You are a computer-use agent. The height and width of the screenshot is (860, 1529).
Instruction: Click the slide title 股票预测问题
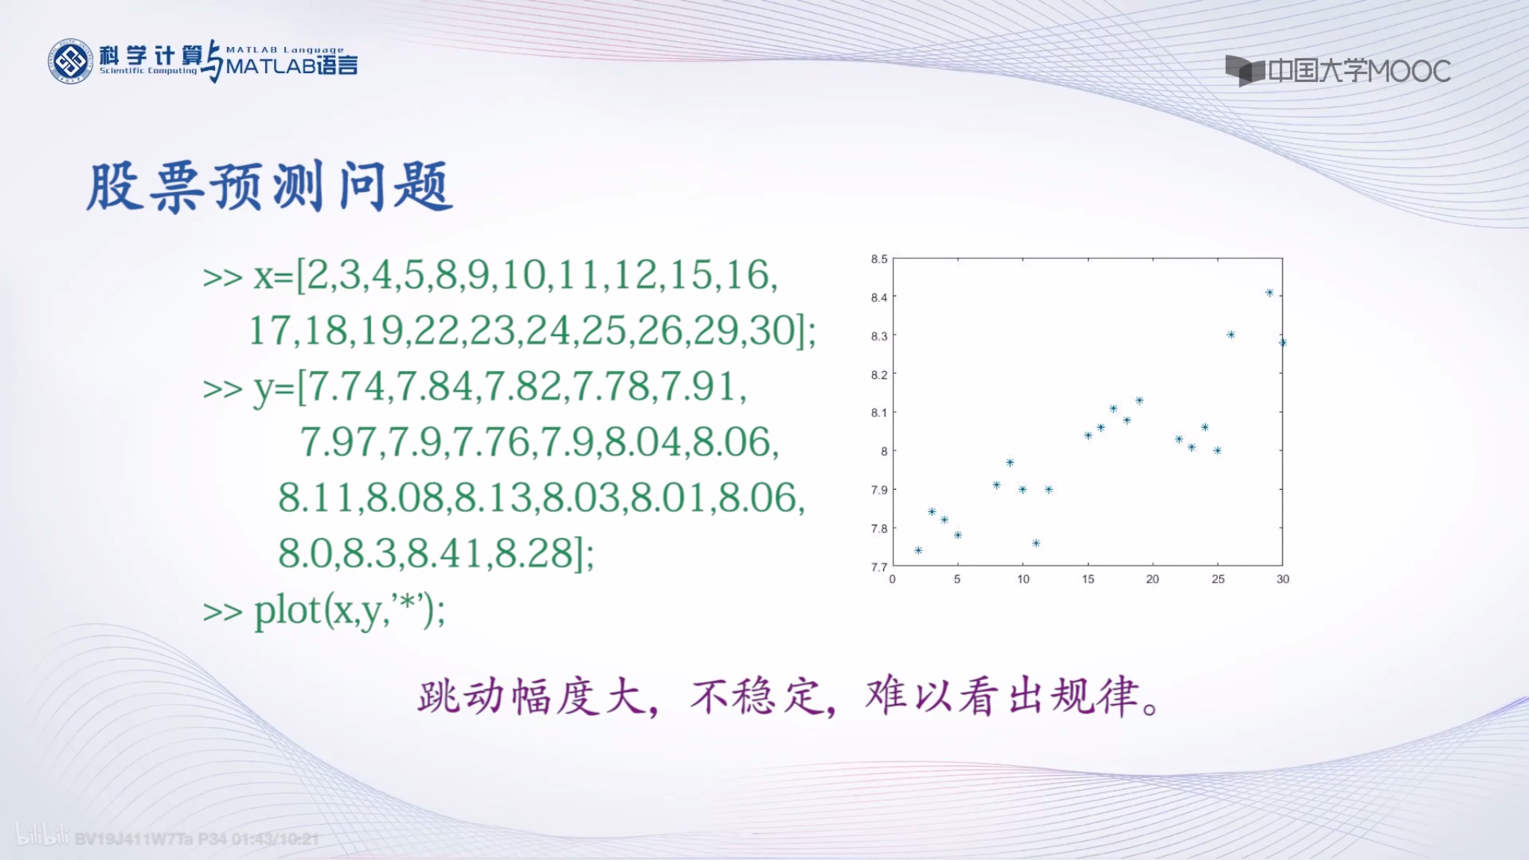click(x=269, y=187)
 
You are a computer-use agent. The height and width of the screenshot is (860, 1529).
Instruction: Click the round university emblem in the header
click(x=71, y=61)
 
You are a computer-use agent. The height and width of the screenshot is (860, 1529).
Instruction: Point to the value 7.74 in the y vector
click(x=346, y=387)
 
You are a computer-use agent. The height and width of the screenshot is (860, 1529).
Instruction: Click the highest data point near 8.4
click(x=1269, y=293)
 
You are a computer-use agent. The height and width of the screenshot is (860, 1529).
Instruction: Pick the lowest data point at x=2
click(x=918, y=550)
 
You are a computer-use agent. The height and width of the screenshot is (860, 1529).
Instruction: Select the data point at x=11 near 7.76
click(x=1036, y=543)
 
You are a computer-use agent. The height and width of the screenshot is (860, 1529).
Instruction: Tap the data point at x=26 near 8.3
click(x=1230, y=334)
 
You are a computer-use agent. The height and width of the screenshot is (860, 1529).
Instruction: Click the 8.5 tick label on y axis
click(x=879, y=259)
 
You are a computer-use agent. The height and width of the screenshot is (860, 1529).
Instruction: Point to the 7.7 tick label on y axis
click(x=879, y=567)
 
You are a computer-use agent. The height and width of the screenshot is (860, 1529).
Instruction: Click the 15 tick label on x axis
click(x=1088, y=579)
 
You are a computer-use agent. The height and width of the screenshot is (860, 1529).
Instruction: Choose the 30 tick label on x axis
click(x=1283, y=579)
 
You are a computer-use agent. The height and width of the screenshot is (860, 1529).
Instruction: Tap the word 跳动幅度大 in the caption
click(x=530, y=697)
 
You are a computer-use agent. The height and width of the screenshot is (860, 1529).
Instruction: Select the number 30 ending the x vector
click(x=773, y=330)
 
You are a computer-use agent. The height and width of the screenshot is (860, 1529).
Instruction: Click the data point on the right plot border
click(x=1283, y=343)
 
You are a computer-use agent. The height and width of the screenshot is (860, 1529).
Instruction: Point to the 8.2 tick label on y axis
click(x=879, y=375)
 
